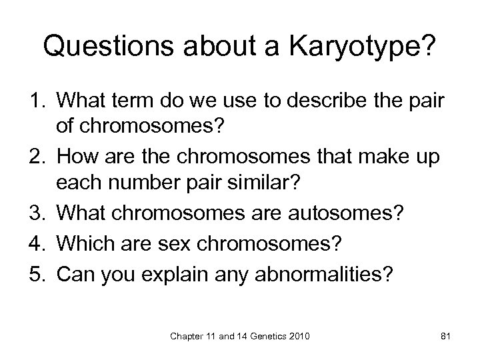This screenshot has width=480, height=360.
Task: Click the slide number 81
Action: click(x=446, y=338)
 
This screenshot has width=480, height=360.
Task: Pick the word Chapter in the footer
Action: click(x=191, y=338)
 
